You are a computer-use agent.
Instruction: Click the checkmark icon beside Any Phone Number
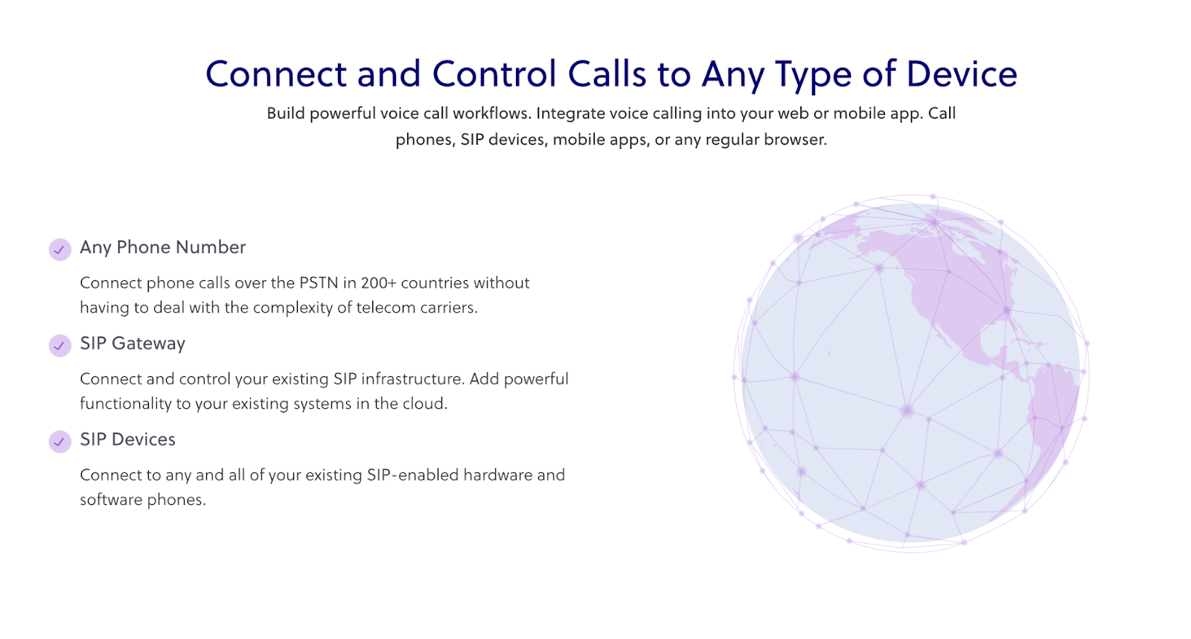pyautogui.click(x=60, y=249)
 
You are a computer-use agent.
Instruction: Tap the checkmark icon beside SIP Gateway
pyautogui.click(x=60, y=346)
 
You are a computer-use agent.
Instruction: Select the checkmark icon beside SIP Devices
pyautogui.click(x=60, y=442)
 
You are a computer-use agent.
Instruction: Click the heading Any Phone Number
pyautogui.click(x=162, y=247)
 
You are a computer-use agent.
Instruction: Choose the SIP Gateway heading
pyautogui.click(x=132, y=343)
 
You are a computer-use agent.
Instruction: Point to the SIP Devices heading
pyautogui.click(x=127, y=439)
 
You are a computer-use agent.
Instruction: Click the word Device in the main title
pyautogui.click(x=962, y=74)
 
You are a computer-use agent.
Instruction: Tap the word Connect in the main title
pyautogui.click(x=276, y=74)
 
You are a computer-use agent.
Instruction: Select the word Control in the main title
pyautogui.click(x=494, y=74)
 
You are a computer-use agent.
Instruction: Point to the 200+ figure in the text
pyautogui.click(x=379, y=283)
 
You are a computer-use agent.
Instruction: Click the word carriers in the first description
pyautogui.click(x=447, y=308)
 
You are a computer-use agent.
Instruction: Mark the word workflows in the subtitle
pyautogui.click(x=491, y=113)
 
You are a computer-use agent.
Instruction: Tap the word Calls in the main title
pyautogui.click(x=607, y=74)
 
